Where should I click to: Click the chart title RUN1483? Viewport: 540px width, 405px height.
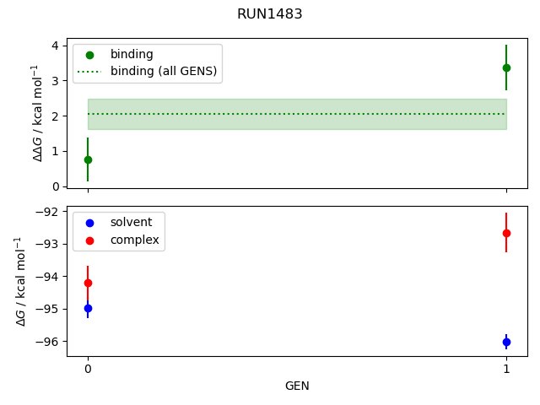(x=269, y=14)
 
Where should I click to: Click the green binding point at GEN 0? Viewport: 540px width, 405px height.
(x=88, y=159)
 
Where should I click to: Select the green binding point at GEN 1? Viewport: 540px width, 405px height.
(x=506, y=67)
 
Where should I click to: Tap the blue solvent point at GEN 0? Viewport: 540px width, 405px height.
(x=88, y=309)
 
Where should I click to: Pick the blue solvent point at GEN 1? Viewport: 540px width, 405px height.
(x=506, y=342)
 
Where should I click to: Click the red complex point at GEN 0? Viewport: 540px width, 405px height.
(x=88, y=283)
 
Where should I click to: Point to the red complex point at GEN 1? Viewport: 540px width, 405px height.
(x=506, y=233)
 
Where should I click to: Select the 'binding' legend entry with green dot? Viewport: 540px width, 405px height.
(x=132, y=54)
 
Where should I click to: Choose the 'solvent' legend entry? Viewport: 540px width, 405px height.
(x=131, y=222)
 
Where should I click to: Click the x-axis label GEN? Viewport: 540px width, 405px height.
(x=297, y=386)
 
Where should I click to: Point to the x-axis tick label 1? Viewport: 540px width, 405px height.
(x=506, y=369)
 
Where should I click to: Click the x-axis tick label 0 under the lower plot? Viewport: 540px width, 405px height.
(x=88, y=369)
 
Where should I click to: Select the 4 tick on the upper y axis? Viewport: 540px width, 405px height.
(x=56, y=46)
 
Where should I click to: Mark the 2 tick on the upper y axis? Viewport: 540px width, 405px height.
(x=56, y=116)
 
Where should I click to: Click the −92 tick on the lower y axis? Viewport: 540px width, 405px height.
(x=49, y=212)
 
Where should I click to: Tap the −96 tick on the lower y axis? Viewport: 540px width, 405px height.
(x=49, y=342)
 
